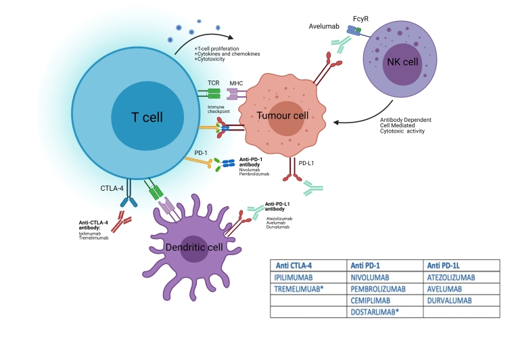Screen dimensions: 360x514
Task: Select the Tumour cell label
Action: [283, 116]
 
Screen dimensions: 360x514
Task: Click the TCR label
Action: [213, 83]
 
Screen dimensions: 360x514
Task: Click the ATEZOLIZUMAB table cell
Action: [452, 277]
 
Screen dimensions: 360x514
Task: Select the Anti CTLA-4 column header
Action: [296, 265]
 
